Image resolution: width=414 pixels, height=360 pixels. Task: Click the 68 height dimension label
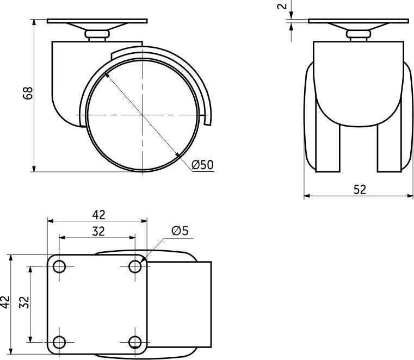28,93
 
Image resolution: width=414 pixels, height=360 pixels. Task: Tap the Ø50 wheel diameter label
202,165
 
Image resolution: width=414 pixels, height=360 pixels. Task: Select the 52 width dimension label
360,189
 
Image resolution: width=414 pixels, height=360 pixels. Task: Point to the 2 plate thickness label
282,6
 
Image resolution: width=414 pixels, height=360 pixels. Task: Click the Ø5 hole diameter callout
180,231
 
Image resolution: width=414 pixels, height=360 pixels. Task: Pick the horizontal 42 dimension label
99,215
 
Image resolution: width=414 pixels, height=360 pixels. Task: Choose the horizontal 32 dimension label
98,231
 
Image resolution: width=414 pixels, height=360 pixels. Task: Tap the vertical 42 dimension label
5,302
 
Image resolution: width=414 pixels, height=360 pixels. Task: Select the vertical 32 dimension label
24,302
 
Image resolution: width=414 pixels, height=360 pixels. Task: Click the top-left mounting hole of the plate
59,266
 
